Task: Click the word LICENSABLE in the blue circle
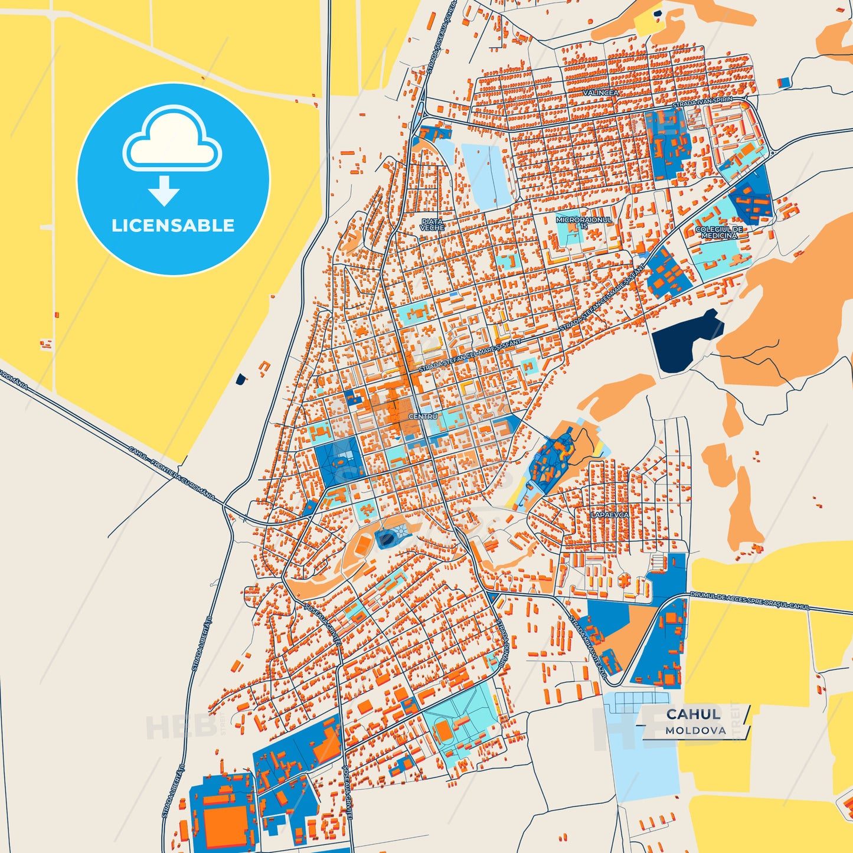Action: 173,225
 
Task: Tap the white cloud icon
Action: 172,142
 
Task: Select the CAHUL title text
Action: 694,714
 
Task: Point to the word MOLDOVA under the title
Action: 695,730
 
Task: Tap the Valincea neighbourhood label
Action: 600,93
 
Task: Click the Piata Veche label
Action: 432,225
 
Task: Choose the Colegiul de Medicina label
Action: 719,232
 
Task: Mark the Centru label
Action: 423,416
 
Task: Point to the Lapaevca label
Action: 609,515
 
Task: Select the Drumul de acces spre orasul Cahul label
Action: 749,600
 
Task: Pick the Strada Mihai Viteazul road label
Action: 587,645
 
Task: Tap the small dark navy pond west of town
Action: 240,379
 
